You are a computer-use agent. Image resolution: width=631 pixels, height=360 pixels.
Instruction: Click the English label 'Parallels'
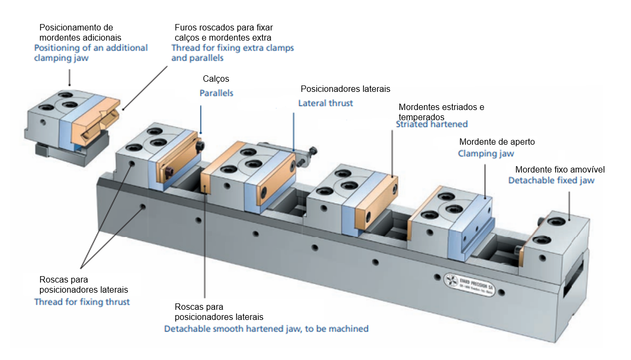(216, 93)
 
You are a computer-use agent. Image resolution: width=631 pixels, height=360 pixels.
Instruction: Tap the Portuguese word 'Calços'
(216, 79)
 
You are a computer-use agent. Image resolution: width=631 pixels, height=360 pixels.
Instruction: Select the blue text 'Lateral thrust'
(325, 103)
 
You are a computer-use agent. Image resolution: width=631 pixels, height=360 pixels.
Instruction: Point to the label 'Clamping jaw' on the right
(486, 154)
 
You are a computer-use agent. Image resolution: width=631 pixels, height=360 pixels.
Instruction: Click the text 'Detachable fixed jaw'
(551, 181)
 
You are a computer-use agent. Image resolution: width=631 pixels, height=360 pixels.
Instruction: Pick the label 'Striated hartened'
(431, 124)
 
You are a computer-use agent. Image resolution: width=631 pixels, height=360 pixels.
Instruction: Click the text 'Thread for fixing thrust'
(82, 302)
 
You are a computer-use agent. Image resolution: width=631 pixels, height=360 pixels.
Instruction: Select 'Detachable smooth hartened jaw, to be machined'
(266, 328)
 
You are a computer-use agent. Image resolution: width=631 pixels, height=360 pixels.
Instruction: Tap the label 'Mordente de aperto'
(496, 142)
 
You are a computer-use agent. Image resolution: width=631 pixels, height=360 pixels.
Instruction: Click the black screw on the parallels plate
(200, 146)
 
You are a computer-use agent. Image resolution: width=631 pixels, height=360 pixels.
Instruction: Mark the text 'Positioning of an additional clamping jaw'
(90, 53)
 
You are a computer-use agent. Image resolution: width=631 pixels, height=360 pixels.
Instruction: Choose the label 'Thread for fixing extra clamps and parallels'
(232, 53)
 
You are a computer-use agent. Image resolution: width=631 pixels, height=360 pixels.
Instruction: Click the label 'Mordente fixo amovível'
(559, 169)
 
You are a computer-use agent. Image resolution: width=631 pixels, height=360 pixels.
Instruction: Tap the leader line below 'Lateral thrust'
(294, 130)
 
